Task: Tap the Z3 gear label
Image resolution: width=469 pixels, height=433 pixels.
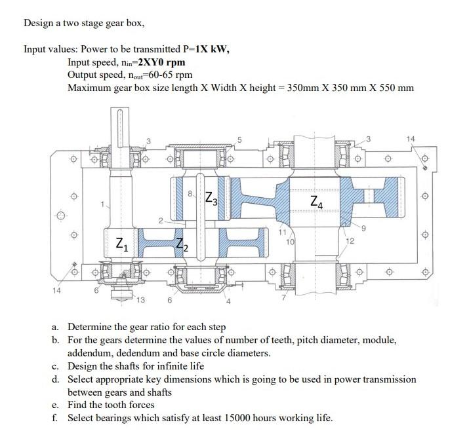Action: tap(212, 197)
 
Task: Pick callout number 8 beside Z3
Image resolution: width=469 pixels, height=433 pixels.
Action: tap(190, 195)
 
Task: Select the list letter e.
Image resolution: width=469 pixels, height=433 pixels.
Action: tap(57, 405)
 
